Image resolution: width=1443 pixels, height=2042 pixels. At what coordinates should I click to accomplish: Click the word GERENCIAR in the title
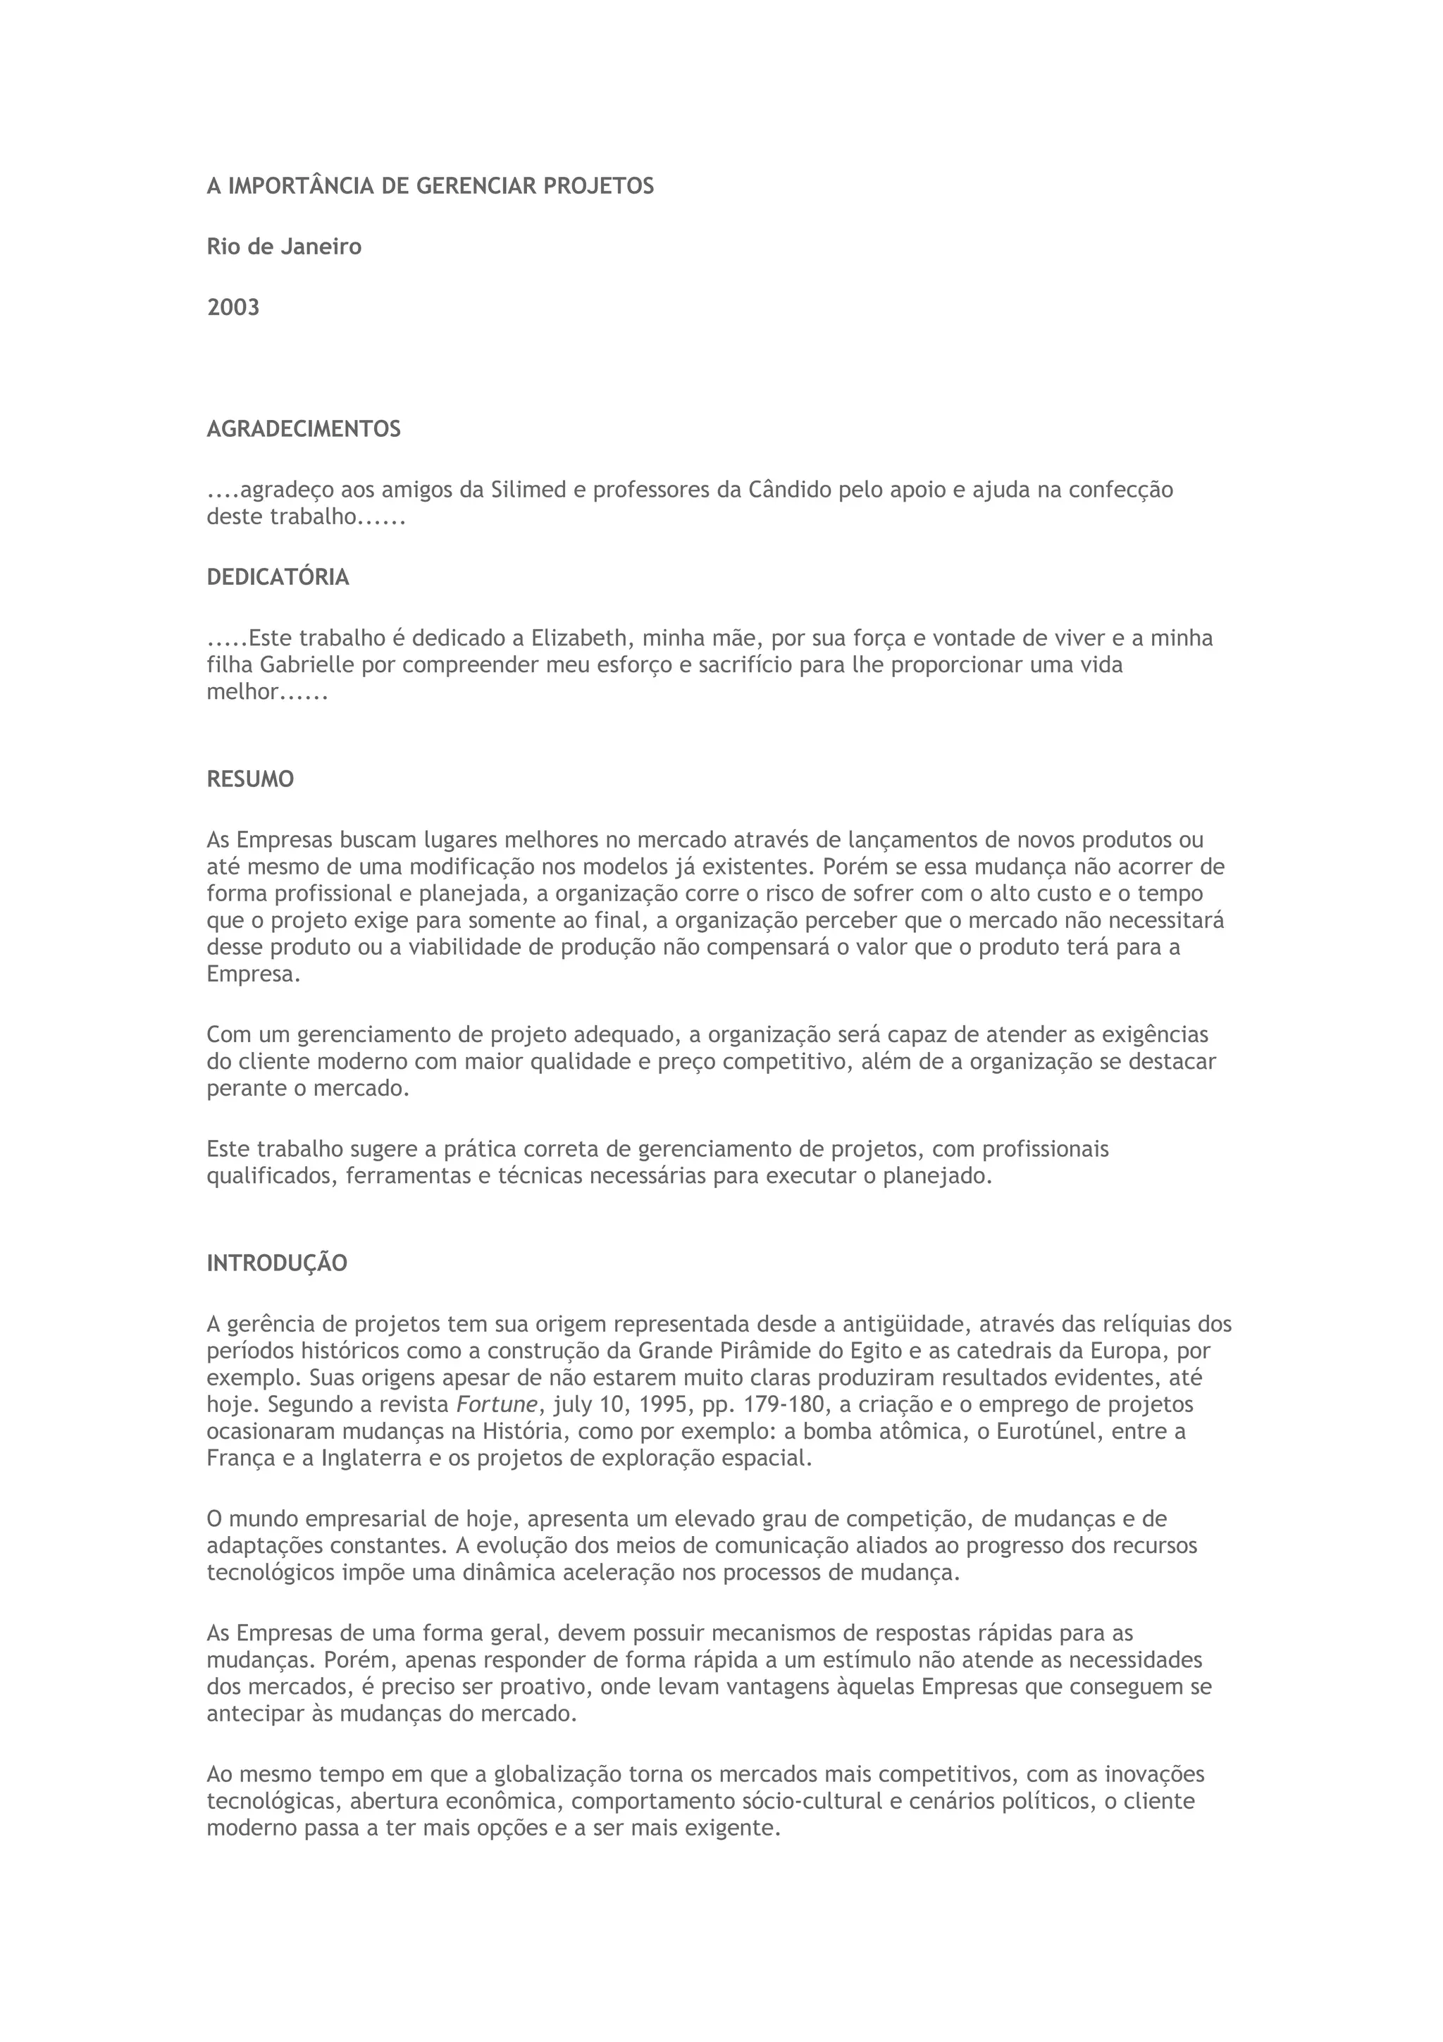click(476, 186)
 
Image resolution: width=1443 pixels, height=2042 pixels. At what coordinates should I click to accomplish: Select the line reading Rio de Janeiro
click(284, 247)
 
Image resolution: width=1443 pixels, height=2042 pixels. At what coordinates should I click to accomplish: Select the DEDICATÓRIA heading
click(278, 577)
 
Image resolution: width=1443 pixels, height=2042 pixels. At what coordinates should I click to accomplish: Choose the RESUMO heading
click(250, 779)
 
